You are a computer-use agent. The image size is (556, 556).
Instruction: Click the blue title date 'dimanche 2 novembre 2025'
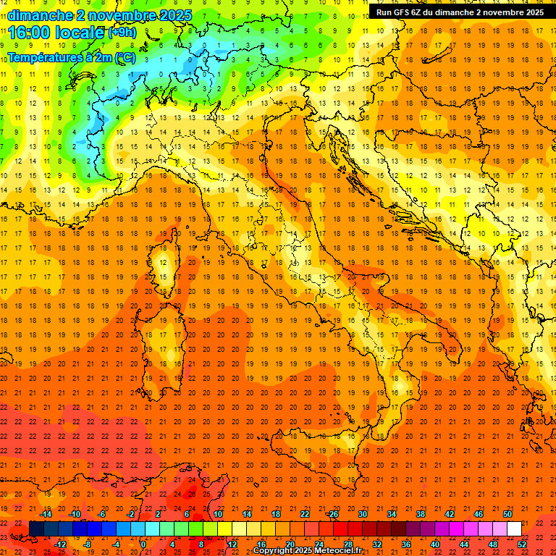coord(100,15)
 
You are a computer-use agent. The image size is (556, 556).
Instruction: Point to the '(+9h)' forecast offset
coord(122,33)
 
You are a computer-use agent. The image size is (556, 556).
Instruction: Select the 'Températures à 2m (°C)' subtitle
coord(72,57)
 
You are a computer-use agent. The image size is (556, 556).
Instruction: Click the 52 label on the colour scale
coord(521,544)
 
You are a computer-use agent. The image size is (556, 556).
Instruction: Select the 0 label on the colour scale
coord(143,544)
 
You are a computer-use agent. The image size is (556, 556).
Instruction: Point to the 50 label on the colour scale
coord(507,513)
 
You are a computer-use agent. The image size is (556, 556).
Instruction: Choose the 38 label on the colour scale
coord(421,513)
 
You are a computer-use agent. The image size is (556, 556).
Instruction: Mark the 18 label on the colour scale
coord(276,513)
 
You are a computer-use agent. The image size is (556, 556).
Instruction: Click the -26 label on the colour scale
coord(332,513)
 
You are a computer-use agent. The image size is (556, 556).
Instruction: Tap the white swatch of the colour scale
coord(514,528)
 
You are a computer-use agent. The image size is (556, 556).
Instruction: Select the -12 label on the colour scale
coord(60,544)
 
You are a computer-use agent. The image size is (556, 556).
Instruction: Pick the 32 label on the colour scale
coord(377,544)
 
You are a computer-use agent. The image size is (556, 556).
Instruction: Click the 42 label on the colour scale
coord(450,513)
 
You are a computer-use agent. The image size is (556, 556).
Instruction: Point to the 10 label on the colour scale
coord(218,513)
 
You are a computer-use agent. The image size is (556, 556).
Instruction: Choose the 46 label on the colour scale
coord(479,513)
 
